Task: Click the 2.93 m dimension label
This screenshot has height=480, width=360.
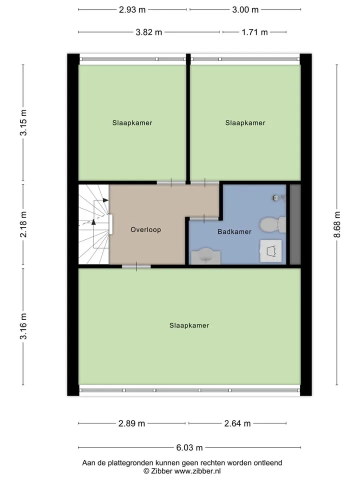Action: [x=132, y=10]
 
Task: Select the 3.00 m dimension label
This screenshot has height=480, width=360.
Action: [x=245, y=10]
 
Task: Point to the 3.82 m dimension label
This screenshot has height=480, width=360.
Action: [x=149, y=32]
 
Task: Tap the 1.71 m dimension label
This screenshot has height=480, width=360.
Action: [x=254, y=32]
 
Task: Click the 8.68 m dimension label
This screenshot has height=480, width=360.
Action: [x=337, y=224]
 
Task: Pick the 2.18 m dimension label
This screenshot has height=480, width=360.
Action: [x=23, y=224]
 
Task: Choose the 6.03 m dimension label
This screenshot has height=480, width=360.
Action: [x=189, y=448]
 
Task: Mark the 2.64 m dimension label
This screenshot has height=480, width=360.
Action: [x=237, y=423]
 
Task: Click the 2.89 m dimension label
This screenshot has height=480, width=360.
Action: [x=131, y=423]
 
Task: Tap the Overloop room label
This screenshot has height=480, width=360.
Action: [x=145, y=230]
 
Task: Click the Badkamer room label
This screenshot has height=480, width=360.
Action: [x=234, y=231]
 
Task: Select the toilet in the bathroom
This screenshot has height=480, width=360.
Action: [x=273, y=224]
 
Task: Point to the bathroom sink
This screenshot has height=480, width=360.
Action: [x=206, y=256]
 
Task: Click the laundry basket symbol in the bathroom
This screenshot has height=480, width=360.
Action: [x=271, y=251]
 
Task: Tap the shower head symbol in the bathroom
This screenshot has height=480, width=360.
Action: [x=276, y=198]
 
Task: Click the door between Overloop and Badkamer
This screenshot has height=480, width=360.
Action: [x=204, y=218]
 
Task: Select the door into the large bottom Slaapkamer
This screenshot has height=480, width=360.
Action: [x=136, y=266]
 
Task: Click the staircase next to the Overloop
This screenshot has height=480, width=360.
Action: [x=94, y=224]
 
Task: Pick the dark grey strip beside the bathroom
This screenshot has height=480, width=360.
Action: [x=295, y=224]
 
